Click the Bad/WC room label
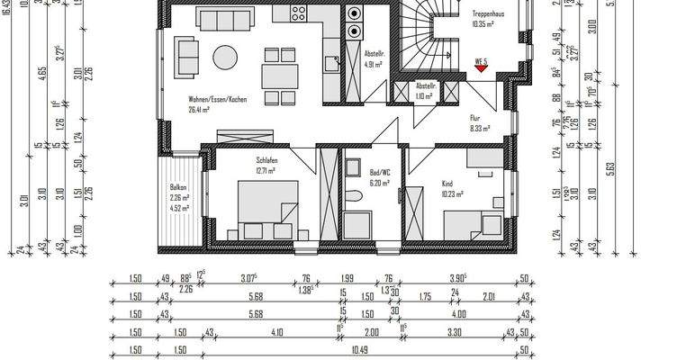(379, 171)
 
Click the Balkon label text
(177, 187)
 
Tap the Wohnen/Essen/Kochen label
(217, 99)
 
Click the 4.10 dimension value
(271, 332)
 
